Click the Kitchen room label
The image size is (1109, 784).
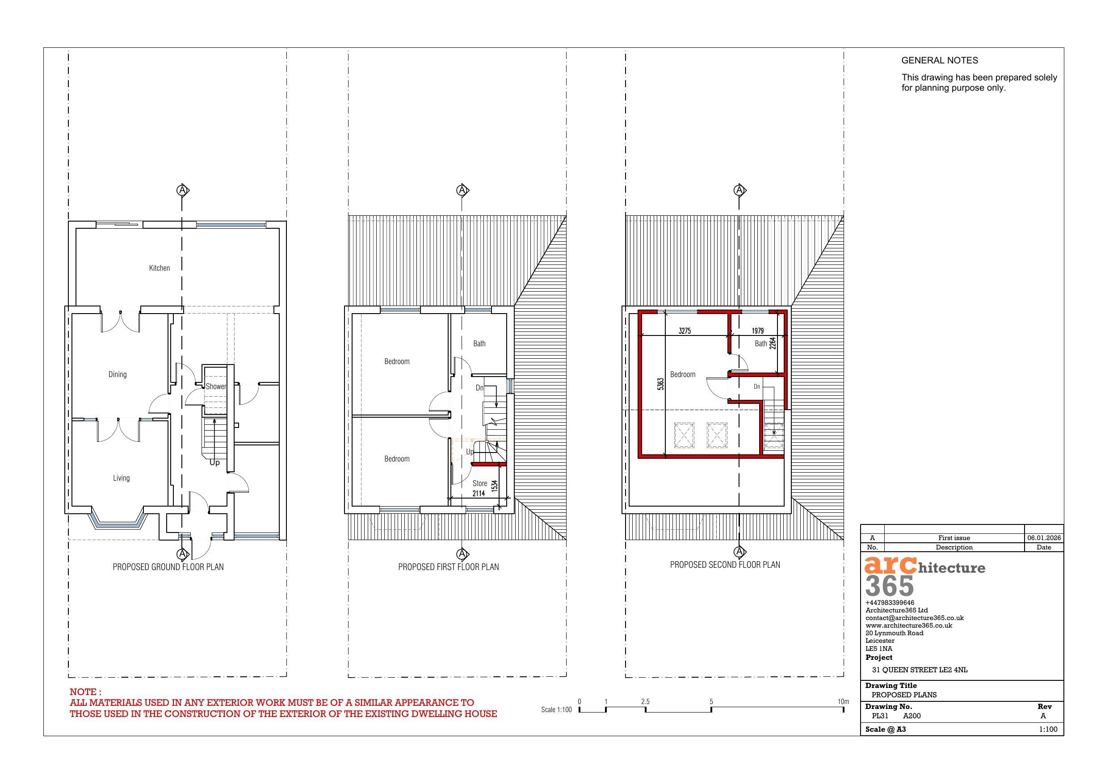[160, 268]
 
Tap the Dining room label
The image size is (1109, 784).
[118, 374]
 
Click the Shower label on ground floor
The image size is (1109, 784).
[215, 386]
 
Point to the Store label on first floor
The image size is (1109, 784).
[479, 483]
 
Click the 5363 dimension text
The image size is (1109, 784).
[660, 385]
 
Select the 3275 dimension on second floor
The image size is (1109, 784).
[685, 331]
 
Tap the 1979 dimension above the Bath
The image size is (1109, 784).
[758, 331]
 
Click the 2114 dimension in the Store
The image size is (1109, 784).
[479, 493]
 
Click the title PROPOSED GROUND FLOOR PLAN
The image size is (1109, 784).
[168, 566]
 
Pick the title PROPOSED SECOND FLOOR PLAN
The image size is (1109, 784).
[725, 565]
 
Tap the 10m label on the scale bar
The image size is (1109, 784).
[843, 701]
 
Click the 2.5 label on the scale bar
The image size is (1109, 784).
[645, 701]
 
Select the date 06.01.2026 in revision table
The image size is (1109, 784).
[1043, 538]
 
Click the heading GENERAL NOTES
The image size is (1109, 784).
[940, 60]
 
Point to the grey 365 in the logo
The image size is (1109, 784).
[889, 587]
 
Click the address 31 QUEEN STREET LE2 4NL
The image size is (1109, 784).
[919, 670]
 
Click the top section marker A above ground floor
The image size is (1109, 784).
[182, 190]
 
